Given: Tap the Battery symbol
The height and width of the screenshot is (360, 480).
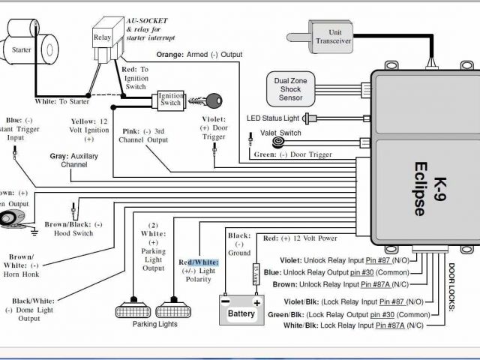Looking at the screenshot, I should (x=241, y=310).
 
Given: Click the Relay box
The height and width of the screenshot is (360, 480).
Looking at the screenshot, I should (x=102, y=37).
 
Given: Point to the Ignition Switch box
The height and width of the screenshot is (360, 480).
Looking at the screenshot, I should (x=170, y=102).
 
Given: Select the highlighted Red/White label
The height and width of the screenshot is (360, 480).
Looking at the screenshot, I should (x=198, y=262).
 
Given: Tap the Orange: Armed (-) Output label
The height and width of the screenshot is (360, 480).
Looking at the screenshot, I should (x=200, y=55).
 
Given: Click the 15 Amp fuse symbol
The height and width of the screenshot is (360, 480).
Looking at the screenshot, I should (x=256, y=271).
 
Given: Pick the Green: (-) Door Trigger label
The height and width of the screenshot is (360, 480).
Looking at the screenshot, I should (x=290, y=155).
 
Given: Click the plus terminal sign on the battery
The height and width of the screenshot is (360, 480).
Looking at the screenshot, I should (x=256, y=301).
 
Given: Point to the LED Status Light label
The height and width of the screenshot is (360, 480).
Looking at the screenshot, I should (x=277, y=118).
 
